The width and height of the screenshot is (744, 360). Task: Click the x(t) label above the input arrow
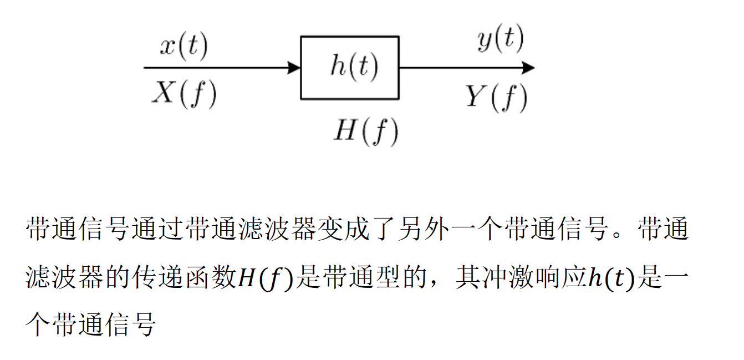point(184,47)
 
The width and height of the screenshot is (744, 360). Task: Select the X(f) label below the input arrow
point(184,94)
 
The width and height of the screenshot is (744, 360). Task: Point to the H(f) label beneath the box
point(365,132)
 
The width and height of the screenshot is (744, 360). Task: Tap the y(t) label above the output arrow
point(500,40)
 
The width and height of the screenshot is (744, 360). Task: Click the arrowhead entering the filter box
point(294,68)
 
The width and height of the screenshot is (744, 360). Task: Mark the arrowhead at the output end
point(528,68)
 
